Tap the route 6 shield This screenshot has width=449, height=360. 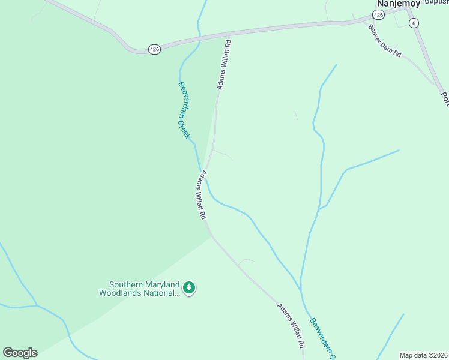(x=413, y=23)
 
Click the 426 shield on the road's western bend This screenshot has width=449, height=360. (x=154, y=49)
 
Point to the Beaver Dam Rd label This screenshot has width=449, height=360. (x=384, y=41)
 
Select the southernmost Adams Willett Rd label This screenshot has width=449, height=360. (x=291, y=326)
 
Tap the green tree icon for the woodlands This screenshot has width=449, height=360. (x=190, y=289)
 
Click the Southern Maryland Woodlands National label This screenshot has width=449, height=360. (x=144, y=289)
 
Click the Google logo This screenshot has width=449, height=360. (x=20, y=353)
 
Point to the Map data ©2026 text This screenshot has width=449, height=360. (x=423, y=355)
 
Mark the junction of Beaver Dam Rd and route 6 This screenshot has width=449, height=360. (x=434, y=83)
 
